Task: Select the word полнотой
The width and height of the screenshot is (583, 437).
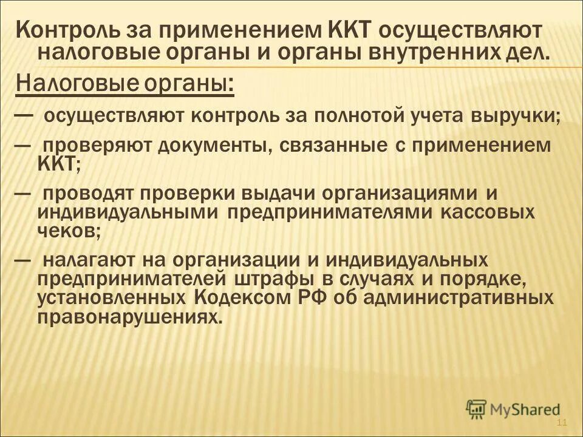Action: click(x=366, y=116)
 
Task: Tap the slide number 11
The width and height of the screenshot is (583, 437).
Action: click(x=561, y=422)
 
